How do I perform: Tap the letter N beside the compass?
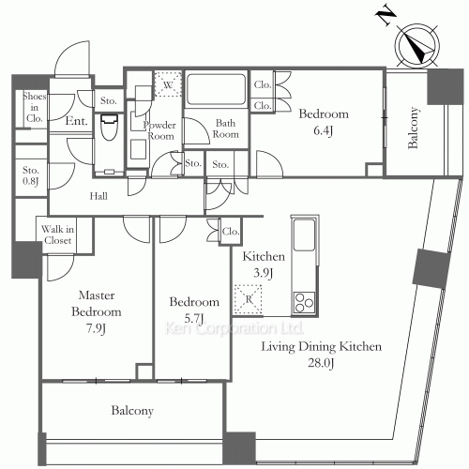pyautogui.click(x=386, y=16)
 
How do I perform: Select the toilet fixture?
pyautogui.click(x=109, y=127)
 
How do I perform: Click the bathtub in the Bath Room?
pyautogui.click(x=216, y=89)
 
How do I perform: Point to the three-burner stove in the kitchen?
pyautogui.click(x=304, y=302)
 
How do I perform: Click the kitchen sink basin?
pyautogui.click(x=304, y=234)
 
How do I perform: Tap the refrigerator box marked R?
pyautogui.click(x=249, y=299)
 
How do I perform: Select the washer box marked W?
pyautogui.click(x=168, y=84)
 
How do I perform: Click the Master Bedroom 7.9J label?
pyautogui.click(x=97, y=311)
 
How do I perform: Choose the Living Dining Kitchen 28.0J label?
pyautogui.click(x=322, y=355)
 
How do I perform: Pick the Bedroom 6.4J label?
pyautogui.click(x=324, y=122)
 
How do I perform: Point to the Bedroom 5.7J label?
pyautogui.click(x=194, y=310)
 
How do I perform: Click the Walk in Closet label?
pyautogui.click(x=57, y=234)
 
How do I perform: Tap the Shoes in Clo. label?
pyautogui.click(x=35, y=107)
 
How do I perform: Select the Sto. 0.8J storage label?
pyautogui.click(x=31, y=175)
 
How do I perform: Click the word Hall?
pyautogui.click(x=98, y=196)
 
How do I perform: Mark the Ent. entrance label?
pyautogui.click(x=76, y=121)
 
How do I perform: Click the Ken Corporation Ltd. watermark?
pyautogui.click(x=234, y=328)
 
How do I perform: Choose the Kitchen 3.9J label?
pyautogui.click(x=264, y=265)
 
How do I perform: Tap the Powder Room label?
pyautogui.click(x=159, y=130)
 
